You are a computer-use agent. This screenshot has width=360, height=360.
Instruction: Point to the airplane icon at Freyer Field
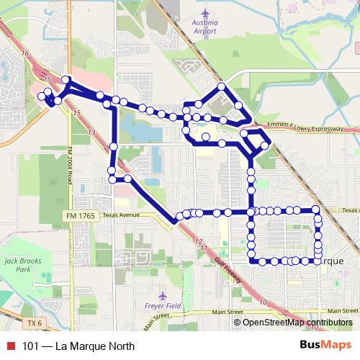163,294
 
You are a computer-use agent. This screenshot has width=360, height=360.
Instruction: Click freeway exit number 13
91,132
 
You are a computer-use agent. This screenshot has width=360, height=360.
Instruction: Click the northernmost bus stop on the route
222,87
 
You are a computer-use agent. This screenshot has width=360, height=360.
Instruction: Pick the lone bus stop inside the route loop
206,136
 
